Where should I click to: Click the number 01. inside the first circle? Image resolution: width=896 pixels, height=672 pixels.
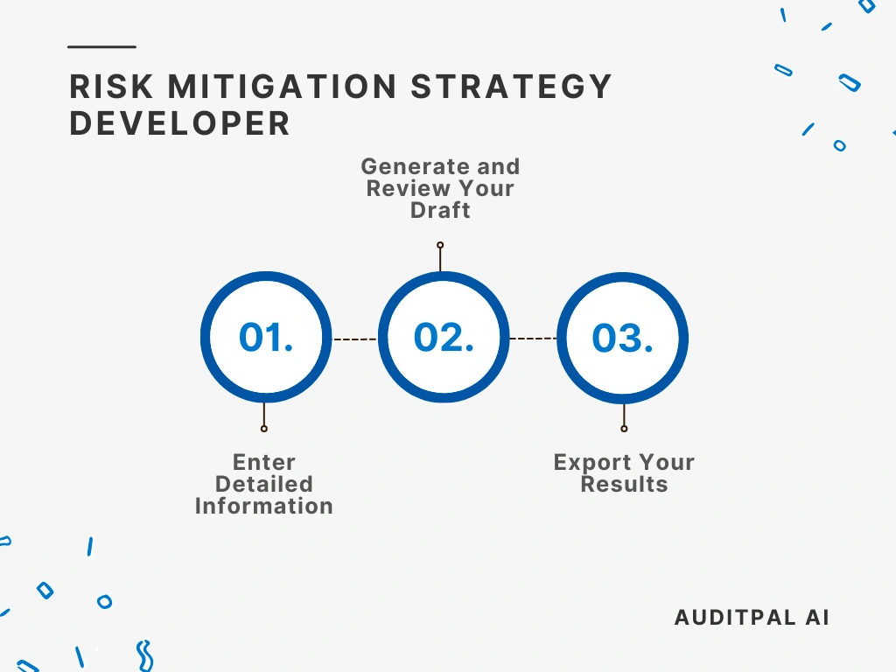(266, 338)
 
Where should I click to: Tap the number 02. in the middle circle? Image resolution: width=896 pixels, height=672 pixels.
(444, 338)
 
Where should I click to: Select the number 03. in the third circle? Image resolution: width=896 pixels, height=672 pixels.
(622, 339)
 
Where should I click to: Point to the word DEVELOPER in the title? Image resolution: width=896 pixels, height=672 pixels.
(179, 123)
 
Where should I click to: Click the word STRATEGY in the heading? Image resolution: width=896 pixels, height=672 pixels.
(512, 87)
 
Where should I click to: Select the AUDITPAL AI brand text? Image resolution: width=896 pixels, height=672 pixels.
(752, 617)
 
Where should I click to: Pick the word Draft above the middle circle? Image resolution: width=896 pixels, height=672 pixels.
(440, 210)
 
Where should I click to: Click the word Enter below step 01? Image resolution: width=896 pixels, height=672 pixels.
(264, 462)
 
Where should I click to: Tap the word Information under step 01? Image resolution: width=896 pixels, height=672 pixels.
(263, 506)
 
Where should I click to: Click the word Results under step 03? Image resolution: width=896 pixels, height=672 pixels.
(624, 484)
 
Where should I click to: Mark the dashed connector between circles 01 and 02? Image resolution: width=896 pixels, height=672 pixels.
(354, 339)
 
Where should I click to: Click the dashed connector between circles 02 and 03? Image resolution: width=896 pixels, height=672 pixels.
(533, 338)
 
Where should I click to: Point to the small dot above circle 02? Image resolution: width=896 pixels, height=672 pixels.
(440, 245)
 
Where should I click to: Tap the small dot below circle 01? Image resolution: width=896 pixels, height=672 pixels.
(263, 429)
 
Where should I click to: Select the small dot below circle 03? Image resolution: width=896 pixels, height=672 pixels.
(624, 429)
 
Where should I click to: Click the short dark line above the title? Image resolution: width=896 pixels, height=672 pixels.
(101, 46)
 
